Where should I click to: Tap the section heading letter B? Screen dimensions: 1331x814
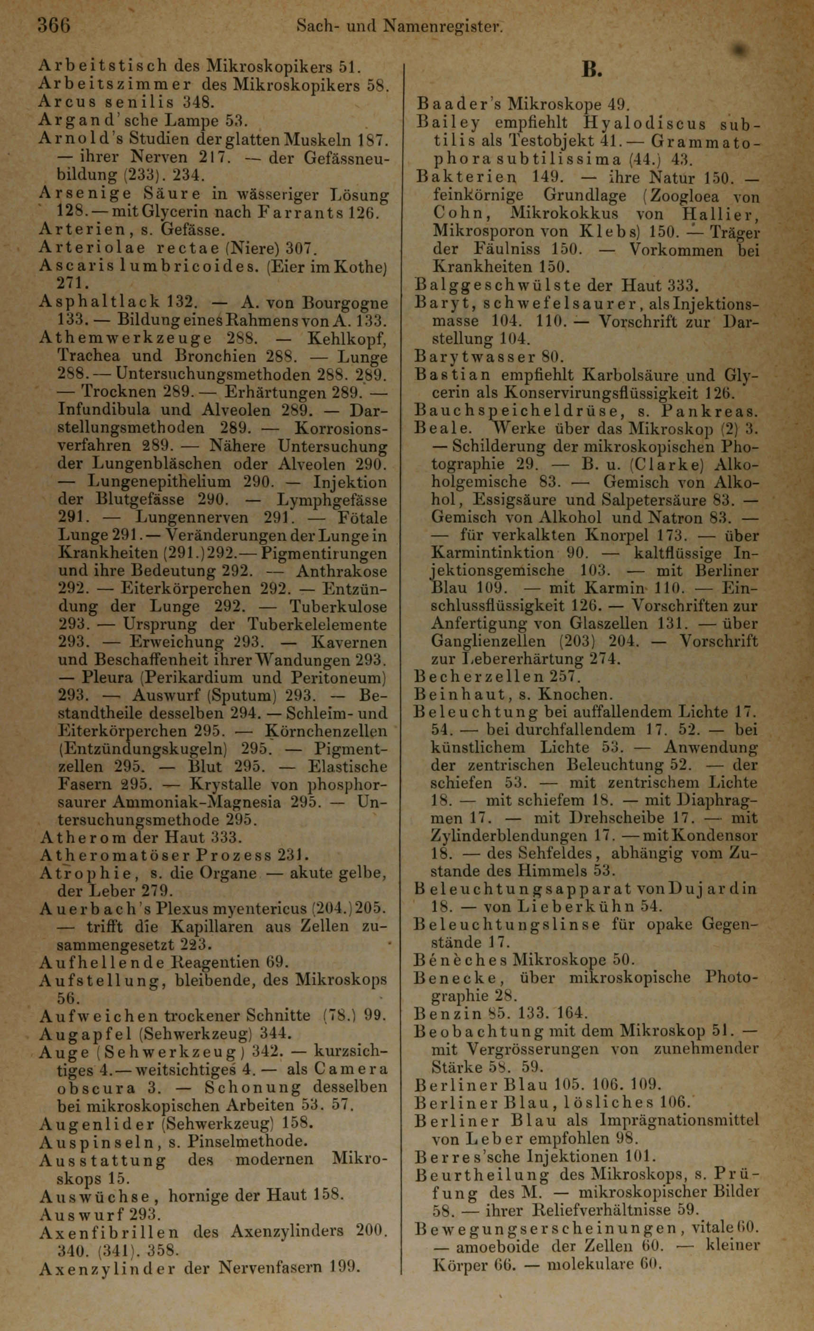tap(592, 70)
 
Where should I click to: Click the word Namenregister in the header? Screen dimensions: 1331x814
tap(442, 25)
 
